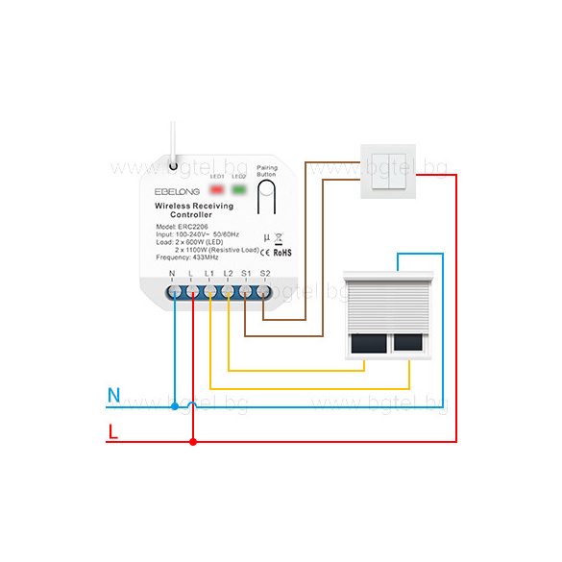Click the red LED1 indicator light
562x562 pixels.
(x=217, y=188)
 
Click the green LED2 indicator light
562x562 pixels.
(x=238, y=188)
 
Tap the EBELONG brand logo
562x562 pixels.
(x=177, y=191)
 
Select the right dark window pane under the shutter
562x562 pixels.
(x=408, y=342)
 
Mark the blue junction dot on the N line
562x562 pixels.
(x=174, y=406)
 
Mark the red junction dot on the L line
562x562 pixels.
(x=193, y=441)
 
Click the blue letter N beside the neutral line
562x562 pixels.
(x=113, y=395)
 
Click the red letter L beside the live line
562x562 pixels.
(x=113, y=431)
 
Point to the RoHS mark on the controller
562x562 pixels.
(x=282, y=254)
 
